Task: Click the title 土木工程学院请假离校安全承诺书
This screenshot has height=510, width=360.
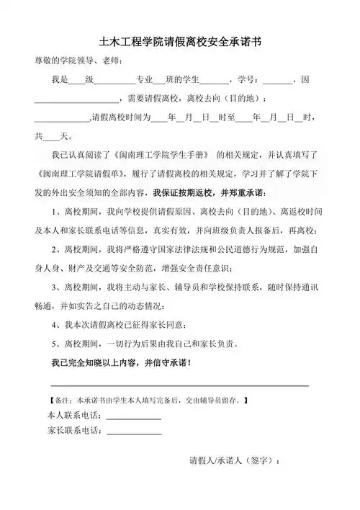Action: [x=180, y=42]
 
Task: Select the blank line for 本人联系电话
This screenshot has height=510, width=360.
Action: [x=133, y=418]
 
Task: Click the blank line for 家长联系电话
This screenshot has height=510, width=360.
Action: [x=133, y=434]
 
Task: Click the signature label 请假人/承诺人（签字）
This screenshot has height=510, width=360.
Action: [x=235, y=460]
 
